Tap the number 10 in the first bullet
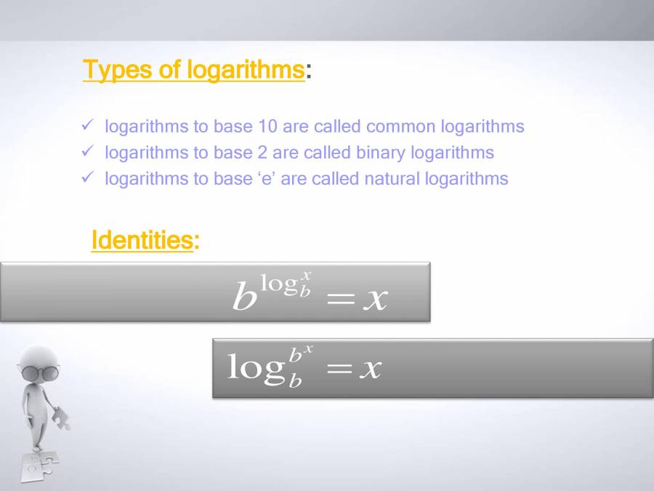[x=267, y=126]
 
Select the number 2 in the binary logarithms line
[x=262, y=153]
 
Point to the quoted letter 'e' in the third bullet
[x=264, y=179]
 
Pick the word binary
[x=380, y=153]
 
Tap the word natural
[x=392, y=179]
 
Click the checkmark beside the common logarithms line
[x=88, y=124]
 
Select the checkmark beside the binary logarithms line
[x=88, y=151]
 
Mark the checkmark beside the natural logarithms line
[x=88, y=177]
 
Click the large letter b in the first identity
[x=244, y=295]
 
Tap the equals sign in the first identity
[x=340, y=299]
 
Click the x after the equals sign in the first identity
[x=376, y=299]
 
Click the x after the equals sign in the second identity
[x=371, y=369]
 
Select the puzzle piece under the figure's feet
[x=40, y=467]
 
